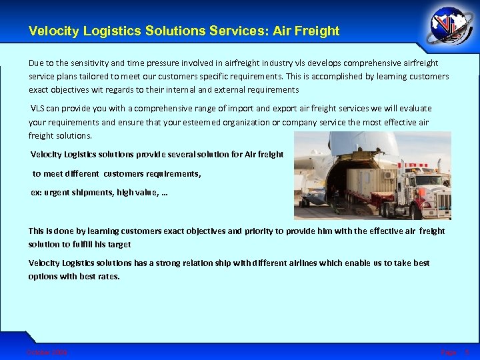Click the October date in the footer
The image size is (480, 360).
[x=47, y=351]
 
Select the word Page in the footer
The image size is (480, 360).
[x=448, y=351]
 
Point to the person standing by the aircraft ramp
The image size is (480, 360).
[x=337, y=196]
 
